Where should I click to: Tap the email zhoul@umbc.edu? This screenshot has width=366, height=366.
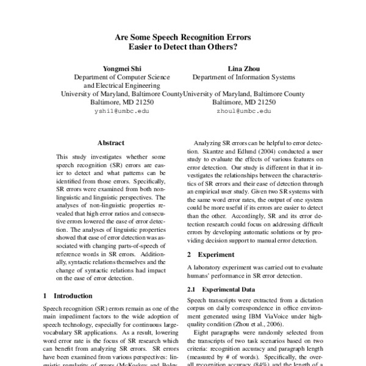[244, 112]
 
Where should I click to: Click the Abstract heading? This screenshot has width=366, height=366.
[111, 143]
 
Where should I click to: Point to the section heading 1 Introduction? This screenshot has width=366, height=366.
[68, 296]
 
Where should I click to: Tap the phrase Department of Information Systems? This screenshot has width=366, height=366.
[244, 77]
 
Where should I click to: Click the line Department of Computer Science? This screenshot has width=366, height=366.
[121, 77]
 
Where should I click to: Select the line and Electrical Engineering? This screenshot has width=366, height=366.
[121, 86]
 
